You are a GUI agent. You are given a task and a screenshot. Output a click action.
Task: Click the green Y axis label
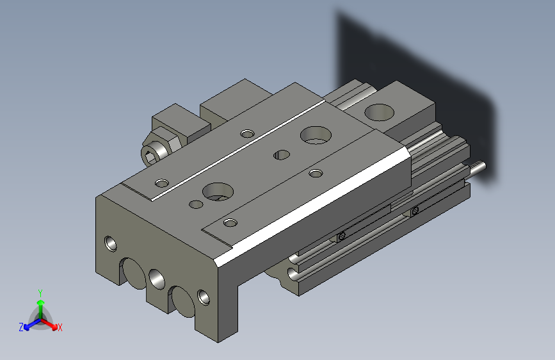pos(40,292)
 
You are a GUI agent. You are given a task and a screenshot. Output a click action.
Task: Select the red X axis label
pos(60,327)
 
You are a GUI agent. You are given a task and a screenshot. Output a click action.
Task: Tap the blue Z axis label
pos(21,327)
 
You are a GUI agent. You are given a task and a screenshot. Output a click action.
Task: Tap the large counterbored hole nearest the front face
pos(216,191)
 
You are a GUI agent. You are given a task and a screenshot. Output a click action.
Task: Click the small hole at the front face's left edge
pos(111,243)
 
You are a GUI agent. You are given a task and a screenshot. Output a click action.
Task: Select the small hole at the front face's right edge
pos(204,297)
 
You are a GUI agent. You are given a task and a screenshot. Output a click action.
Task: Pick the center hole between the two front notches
pos(156,278)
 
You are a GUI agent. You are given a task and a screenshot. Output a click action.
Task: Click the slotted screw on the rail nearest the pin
pos(415,211)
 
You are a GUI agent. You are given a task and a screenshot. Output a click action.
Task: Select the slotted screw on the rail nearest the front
pos(341,236)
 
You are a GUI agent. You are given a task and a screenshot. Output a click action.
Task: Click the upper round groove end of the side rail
pos(294,258)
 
